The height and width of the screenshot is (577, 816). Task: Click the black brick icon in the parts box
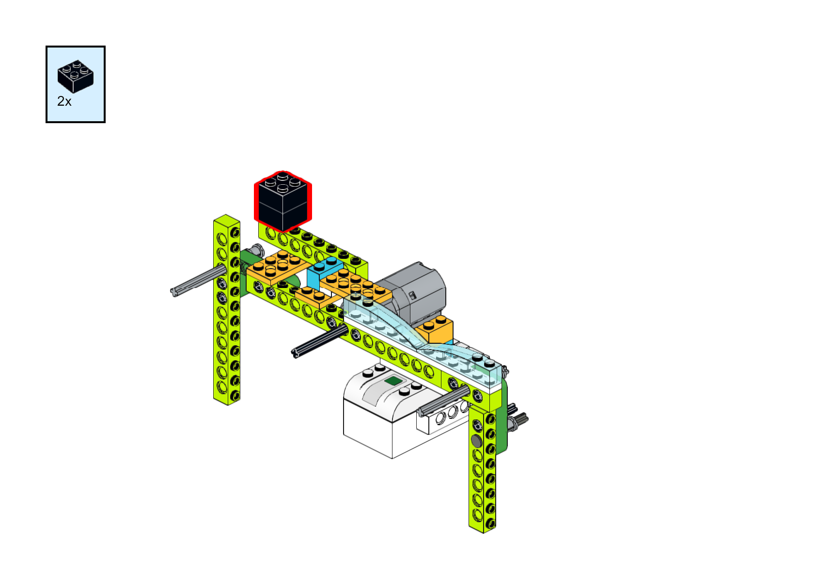(75, 77)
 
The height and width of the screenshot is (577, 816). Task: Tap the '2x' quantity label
(64, 101)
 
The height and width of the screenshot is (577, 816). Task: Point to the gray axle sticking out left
(196, 282)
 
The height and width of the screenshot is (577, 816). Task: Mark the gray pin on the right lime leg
(476, 441)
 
